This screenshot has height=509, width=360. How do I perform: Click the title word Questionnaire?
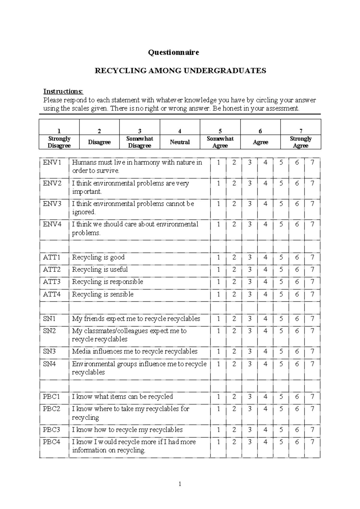click(x=173, y=53)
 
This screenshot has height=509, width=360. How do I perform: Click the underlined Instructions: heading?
click(x=63, y=91)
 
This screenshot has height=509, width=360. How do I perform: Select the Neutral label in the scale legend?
click(x=180, y=142)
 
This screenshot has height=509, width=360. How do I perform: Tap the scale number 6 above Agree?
click(x=260, y=131)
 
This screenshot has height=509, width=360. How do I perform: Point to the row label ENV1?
click(x=52, y=163)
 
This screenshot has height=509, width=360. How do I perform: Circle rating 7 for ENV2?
click(x=312, y=183)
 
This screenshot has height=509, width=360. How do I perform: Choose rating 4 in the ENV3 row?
click(x=265, y=204)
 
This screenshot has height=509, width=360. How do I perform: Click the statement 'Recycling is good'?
click(x=98, y=258)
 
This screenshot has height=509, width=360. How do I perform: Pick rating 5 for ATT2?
click(x=281, y=270)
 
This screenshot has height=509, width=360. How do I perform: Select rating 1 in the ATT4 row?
click(x=218, y=294)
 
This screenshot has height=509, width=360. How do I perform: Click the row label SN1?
click(x=49, y=319)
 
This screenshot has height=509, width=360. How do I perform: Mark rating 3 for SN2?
click(x=250, y=331)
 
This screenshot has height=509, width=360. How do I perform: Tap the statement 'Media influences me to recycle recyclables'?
click(x=135, y=351)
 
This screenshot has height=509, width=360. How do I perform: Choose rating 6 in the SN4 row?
click(x=297, y=364)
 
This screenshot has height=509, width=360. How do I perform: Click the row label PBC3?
click(x=51, y=430)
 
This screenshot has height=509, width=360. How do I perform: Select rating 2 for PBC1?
click(x=234, y=396)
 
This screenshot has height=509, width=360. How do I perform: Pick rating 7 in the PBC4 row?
click(x=312, y=442)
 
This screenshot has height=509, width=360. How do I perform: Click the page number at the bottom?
click(x=180, y=484)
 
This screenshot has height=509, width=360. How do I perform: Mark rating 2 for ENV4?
click(x=234, y=224)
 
